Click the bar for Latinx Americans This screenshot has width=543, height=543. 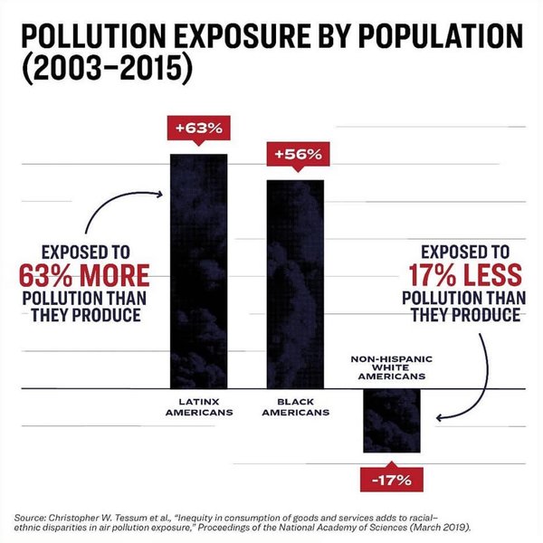(199, 271)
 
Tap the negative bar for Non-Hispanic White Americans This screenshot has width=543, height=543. (392, 421)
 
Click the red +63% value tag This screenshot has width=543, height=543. (198, 128)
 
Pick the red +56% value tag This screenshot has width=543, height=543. (298, 154)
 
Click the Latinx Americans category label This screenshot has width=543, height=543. (198, 406)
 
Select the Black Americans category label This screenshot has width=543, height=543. (294, 406)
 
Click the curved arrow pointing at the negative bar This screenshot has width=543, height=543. (471, 389)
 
